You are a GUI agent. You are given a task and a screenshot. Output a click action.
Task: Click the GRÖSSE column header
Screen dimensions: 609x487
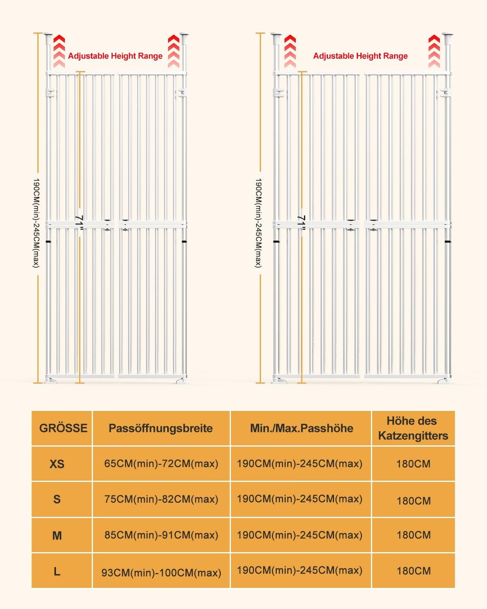point(63,428)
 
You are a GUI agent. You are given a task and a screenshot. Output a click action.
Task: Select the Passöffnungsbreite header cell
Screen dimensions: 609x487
point(161,428)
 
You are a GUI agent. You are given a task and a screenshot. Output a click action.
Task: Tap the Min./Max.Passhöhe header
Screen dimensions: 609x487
point(301,428)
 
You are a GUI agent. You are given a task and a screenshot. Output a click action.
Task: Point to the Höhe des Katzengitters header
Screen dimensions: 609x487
point(413,428)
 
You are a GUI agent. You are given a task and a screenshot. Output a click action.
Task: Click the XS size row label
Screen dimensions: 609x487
point(57,464)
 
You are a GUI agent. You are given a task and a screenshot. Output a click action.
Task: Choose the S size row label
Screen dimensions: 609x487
point(57,499)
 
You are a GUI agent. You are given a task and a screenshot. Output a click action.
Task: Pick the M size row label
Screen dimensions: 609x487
point(57,535)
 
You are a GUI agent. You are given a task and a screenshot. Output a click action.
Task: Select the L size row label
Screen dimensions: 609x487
point(57,571)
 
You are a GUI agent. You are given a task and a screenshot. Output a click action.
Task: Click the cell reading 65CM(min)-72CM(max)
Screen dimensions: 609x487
point(161,464)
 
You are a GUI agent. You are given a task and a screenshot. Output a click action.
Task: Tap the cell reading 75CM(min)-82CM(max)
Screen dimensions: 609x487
point(161,499)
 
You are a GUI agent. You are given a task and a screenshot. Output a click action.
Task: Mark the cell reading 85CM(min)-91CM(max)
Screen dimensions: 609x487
point(161,535)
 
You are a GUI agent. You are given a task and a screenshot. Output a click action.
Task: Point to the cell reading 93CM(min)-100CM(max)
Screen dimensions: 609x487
point(161,572)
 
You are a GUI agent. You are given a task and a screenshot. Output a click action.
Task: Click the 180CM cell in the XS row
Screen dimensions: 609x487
point(413,464)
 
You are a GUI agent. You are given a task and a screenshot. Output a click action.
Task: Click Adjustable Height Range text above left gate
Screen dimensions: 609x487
point(115,56)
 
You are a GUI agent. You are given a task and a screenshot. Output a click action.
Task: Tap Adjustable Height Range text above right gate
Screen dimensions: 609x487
point(360,56)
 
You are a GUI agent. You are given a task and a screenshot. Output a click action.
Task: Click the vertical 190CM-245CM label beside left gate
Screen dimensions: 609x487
point(36,222)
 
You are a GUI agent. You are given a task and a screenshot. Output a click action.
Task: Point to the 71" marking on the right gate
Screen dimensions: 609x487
point(301,222)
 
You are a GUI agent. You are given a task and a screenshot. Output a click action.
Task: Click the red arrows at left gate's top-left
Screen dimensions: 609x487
point(59,51)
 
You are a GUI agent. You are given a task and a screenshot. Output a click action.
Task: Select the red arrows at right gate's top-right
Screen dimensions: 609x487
point(434,51)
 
